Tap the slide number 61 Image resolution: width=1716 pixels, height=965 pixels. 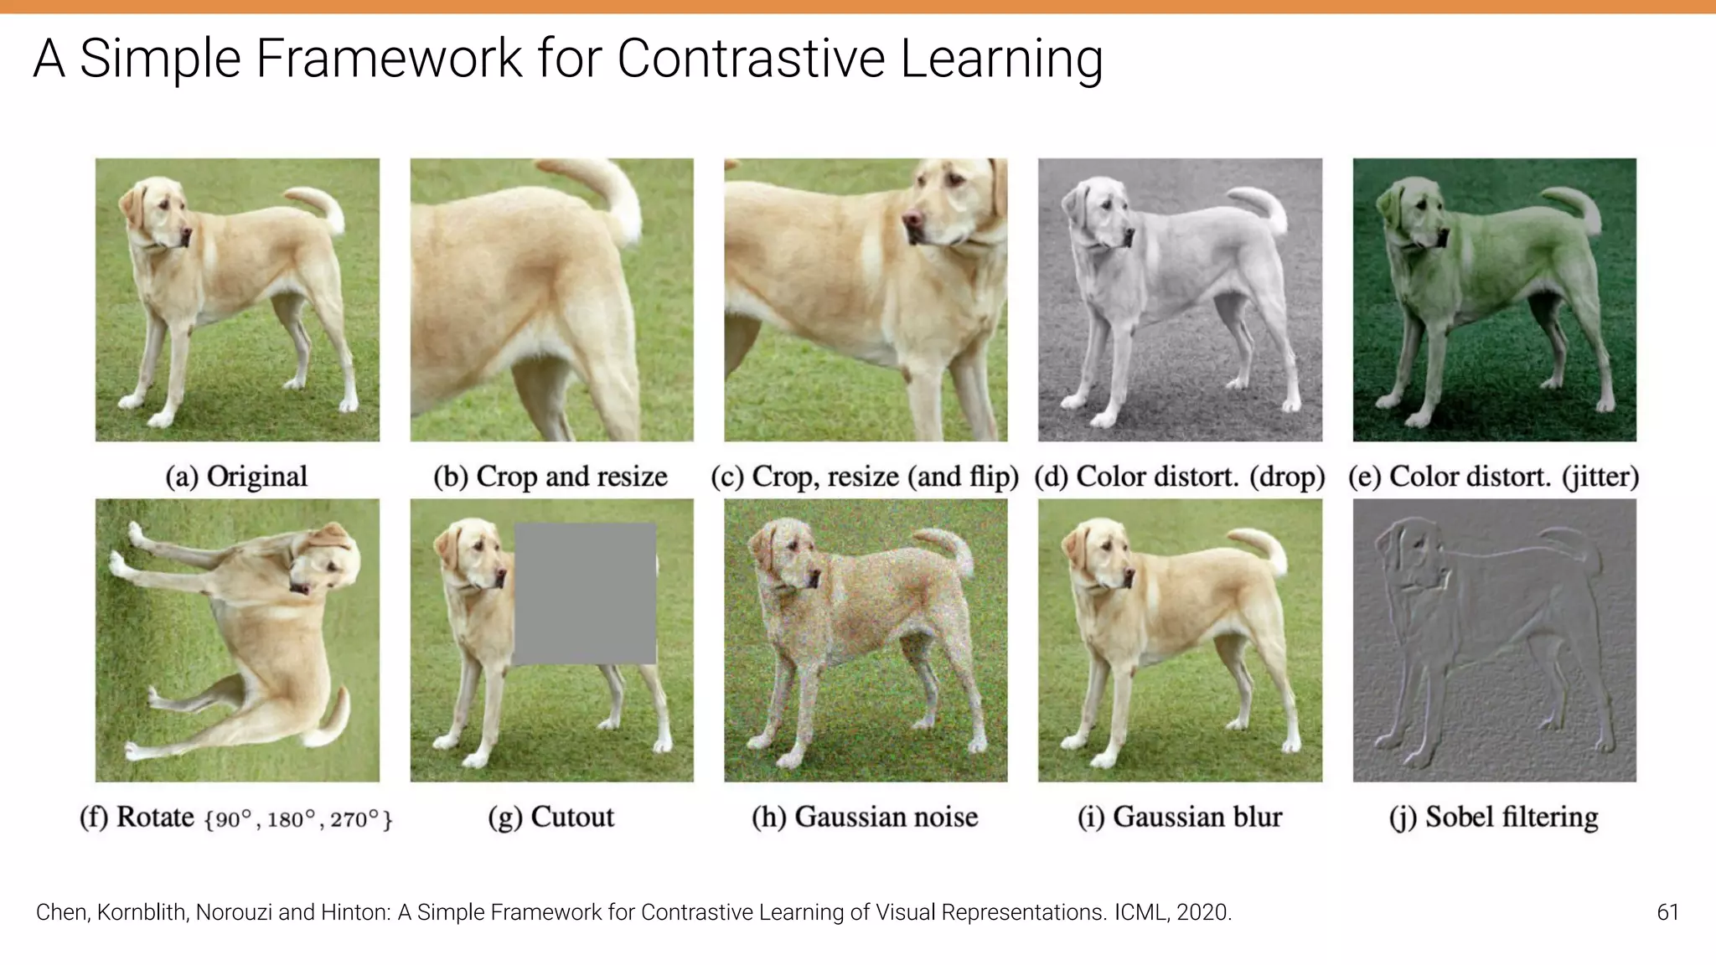[x=1667, y=912]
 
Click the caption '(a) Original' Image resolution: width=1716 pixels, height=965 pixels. [x=236, y=477]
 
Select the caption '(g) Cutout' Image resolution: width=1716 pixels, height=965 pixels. [x=551, y=817]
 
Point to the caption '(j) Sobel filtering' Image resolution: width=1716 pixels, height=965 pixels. [x=1494, y=817]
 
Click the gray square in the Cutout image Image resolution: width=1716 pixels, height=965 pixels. [x=585, y=594]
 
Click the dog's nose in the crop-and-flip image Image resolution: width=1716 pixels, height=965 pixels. [x=912, y=222]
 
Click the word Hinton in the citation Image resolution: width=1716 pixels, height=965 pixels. [x=354, y=912]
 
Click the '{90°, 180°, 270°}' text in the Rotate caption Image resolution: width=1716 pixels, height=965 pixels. [x=298, y=819]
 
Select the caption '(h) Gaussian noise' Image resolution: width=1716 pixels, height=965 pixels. [x=865, y=817]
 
